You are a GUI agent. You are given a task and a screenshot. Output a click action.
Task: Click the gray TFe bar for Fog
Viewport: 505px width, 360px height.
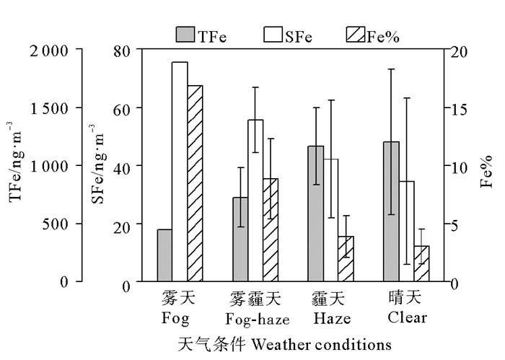coord(164,255)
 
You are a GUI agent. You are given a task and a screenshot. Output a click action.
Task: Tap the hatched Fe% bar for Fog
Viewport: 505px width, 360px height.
coord(195,183)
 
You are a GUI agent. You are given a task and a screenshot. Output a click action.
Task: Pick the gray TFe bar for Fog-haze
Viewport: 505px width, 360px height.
coord(240,240)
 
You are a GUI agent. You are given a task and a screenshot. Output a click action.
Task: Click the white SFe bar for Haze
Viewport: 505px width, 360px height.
coord(330,220)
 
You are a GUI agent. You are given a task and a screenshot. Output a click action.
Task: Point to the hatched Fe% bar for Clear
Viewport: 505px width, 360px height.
coord(421,263)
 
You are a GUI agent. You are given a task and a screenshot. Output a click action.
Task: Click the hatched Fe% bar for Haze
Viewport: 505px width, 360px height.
coord(346,258)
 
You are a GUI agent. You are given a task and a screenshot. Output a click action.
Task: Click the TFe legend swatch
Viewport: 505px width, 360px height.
coord(185,34)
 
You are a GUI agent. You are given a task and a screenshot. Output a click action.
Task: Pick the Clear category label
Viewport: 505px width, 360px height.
coord(407,317)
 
